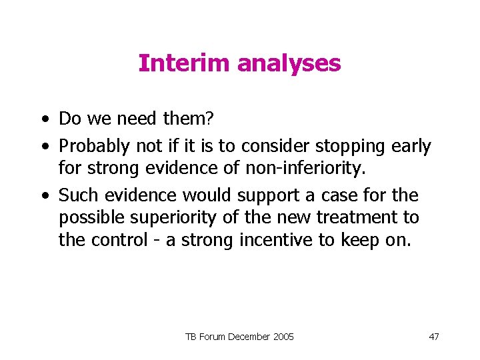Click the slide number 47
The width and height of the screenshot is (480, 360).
(433, 336)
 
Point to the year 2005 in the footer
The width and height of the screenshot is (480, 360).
(282, 336)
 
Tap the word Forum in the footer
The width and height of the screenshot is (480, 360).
(209, 336)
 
